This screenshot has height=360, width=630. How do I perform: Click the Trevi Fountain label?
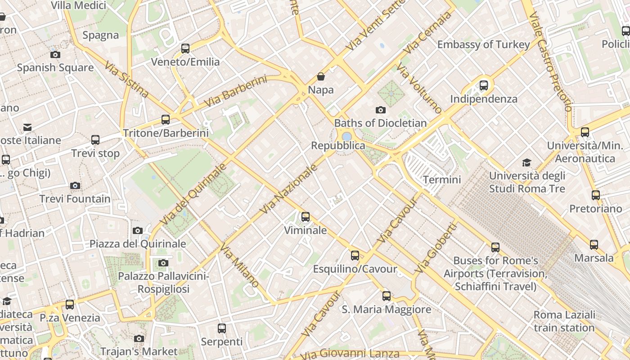click(x=75, y=198)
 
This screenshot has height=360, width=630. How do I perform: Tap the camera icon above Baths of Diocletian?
click(x=380, y=110)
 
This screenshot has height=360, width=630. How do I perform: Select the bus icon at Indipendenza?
click(x=484, y=85)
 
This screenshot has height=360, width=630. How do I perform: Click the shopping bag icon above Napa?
click(x=321, y=76)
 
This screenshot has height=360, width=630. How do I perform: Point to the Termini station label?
click(x=442, y=180)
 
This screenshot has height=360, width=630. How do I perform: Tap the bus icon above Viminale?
click(x=306, y=217)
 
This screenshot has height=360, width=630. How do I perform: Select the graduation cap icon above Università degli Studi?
click(x=526, y=162)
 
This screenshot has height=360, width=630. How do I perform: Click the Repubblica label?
click(x=338, y=145)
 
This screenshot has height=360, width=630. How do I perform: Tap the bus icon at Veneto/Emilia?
click(x=185, y=49)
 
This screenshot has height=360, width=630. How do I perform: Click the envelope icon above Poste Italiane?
click(x=27, y=127)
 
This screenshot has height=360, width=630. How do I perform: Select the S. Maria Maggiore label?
click(x=386, y=309)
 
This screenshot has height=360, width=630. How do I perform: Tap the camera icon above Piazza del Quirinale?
click(x=138, y=231)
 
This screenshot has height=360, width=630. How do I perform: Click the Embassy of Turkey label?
click(x=483, y=45)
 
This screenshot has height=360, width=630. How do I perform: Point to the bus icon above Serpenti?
click(x=222, y=328)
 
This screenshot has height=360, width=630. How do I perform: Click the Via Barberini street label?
click(x=235, y=91)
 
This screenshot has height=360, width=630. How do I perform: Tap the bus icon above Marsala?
click(x=594, y=245)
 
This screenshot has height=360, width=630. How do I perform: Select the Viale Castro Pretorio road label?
click(x=550, y=61)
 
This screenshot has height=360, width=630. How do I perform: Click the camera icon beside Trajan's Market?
click(x=139, y=338)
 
